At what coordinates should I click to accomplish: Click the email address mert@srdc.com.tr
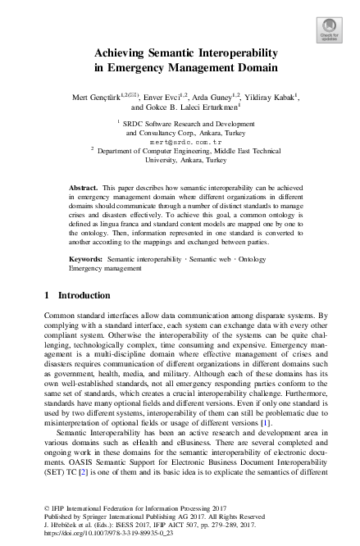coord(179,141)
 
